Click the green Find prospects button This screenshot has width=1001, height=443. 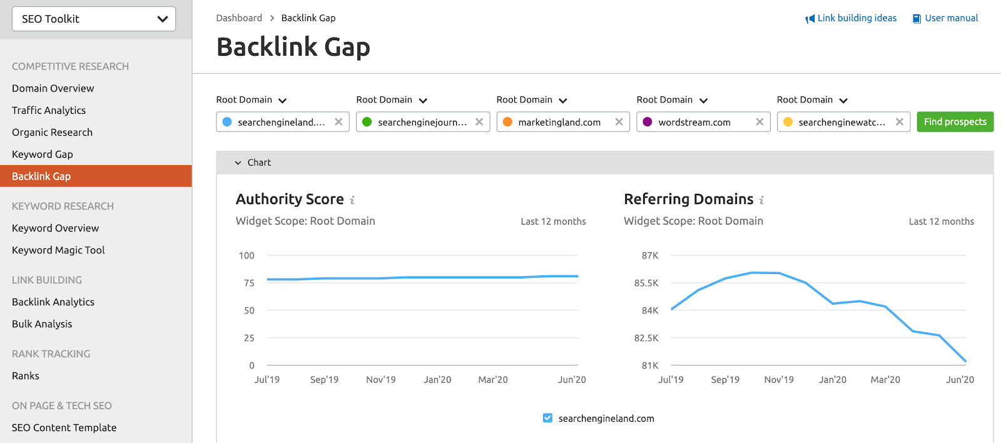pyautogui.click(x=955, y=122)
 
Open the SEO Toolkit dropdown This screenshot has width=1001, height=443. pyautogui.click(x=94, y=19)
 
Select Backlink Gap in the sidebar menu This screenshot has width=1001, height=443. pyautogui.click(x=41, y=176)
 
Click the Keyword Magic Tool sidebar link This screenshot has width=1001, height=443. pyautogui.click(x=58, y=250)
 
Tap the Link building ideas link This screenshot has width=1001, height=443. pyautogui.click(x=856, y=18)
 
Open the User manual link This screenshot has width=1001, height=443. pyautogui.click(x=951, y=18)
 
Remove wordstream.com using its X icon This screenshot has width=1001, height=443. pyautogui.click(x=760, y=122)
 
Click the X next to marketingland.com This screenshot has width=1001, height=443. pyautogui.click(x=619, y=122)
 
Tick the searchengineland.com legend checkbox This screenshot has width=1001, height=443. pyautogui.click(x=547, y=418)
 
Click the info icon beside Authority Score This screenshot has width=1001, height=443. pyautogui.click(x=352, y=200)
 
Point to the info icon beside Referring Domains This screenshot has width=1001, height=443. pyautogui.click(x=761, y=200)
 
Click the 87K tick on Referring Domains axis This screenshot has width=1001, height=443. pyautogui.click(x=650, y=255)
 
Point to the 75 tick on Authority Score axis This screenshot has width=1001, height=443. pyautogui.click(x=249, y=283)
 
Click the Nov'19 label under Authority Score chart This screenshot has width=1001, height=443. pyautogui.click(x=380, y=380)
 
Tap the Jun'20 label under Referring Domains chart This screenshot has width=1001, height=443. pyautogui.click(x=960, y=380)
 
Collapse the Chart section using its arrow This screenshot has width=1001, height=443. pyautogui.click(x=238, y=163)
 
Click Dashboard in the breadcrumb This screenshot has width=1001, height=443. pyautogui.click(x=239, y=18)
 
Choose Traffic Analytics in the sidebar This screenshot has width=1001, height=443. pyautogui.click(x=49, y=111)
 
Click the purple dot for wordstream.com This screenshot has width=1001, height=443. pyautogui.click(x=648, y=122)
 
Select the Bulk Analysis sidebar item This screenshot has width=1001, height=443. pyautogui.click(x=42, y=324)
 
